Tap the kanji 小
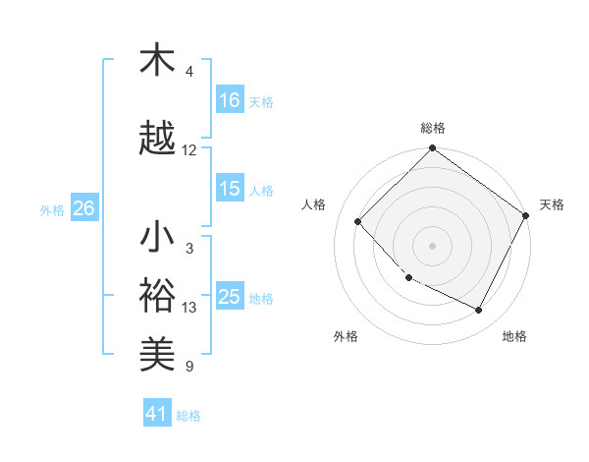(157, 238)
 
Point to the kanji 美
(157, 352)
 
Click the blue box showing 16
(230, 100)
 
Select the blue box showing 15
(230, 189)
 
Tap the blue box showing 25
(230, 297)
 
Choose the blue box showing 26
(83, 208)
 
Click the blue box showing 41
(157, 414)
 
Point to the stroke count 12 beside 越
(189, 150)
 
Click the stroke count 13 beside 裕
(189, 308)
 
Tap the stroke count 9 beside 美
(189, 367)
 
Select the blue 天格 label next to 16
(261, 101)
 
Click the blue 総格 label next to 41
(188, 415)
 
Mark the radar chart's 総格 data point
(432, 148)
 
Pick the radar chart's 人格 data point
(358, 221)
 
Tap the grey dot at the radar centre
(432, 246)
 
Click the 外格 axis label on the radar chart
(346, 336)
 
